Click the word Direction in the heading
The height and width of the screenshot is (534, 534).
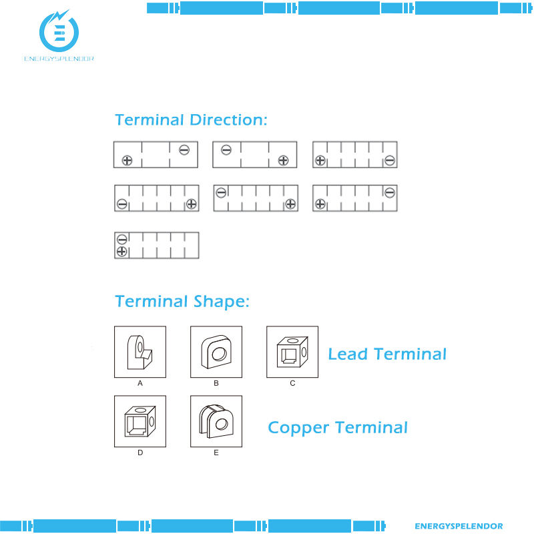tap(228, 120)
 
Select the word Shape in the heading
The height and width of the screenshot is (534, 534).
tap(220, 302)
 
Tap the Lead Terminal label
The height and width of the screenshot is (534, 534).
tap(386, 354)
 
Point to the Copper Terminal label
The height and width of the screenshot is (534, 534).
tap(337, 427)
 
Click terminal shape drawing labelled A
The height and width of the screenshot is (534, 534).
tap(140, 352)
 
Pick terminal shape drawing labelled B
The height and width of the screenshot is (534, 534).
tap(216, 352)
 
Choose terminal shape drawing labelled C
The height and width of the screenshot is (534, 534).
tap(292, 352)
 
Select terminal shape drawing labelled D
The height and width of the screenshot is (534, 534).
tap(140, 421)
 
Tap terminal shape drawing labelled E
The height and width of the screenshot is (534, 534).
tap(216, 421)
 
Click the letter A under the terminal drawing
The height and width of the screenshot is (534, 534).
tap(140, 384)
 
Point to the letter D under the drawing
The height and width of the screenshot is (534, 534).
tap(140, 453)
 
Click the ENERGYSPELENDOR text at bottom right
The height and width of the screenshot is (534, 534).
tap(459, 526)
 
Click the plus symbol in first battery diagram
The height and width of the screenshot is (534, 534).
tap(127, 160)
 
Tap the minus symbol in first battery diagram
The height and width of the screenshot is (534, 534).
tap(184, 150)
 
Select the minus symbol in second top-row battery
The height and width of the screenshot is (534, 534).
tap(226, 150)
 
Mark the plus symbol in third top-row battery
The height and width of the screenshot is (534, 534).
tap(320, 160)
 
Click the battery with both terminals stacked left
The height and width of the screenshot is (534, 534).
tap(157, 245)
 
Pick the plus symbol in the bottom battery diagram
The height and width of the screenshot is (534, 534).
tap(121, 251)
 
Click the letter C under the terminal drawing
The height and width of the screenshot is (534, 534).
tap(292, 384)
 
